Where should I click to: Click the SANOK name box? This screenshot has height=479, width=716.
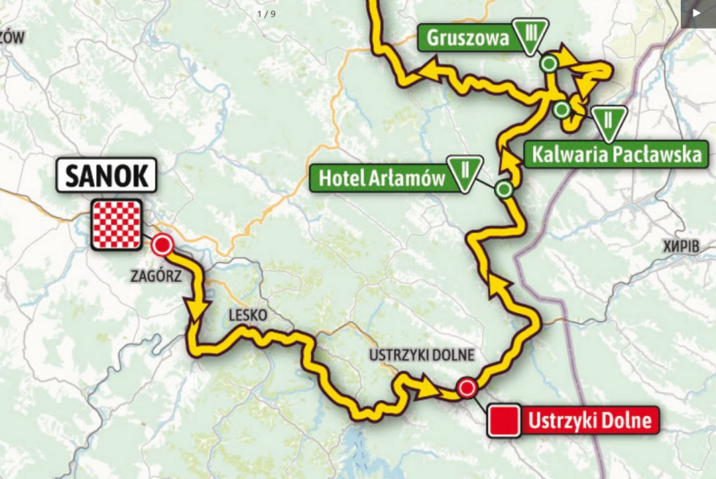click(105, 176)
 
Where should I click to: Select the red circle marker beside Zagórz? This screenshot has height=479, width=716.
click(163, 244)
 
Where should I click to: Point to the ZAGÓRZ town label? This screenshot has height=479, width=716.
click(157, 275)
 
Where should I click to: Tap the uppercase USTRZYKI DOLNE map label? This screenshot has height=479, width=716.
click(422, 354)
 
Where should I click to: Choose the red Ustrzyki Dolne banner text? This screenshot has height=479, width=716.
click(591, 420)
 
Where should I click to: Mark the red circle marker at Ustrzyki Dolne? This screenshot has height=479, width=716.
click(467, 389)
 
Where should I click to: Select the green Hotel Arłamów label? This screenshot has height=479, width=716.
click(381, 178)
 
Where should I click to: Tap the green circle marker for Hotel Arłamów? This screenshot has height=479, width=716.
click(503, 189)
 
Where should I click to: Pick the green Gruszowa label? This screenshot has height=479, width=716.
click(467, 38)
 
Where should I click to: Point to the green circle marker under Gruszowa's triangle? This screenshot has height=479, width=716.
click(549, 63)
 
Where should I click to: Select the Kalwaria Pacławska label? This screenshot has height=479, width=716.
click(616, 153)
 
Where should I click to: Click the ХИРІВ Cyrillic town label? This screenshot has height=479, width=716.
click(680, 247)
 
